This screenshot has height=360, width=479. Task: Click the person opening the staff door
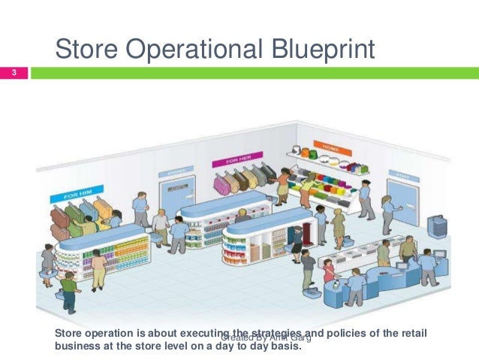[x=387, y=210]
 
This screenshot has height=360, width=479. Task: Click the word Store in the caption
[x=71, y=333]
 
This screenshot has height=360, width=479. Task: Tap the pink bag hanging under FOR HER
[x=221, y=184]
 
